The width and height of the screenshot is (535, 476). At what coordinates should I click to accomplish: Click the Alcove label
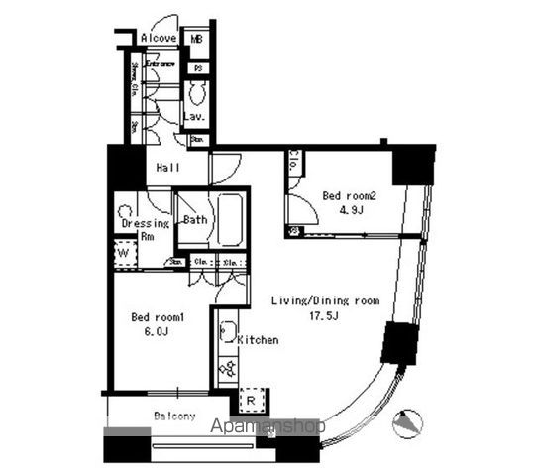tap(159, 39)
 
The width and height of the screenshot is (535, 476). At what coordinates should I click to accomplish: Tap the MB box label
tap(197, 40)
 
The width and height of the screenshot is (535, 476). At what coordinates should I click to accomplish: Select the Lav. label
tap(194, 118)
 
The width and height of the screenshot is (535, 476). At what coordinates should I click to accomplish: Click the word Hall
tap(166, 169)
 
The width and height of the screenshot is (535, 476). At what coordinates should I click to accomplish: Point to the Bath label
tap(194, 219)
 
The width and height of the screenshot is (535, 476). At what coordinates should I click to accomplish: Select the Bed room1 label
tap(159, 317)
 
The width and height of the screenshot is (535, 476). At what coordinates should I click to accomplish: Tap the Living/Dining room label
tap(325, 300)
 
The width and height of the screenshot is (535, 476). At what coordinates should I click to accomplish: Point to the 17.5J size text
tap(325, 317)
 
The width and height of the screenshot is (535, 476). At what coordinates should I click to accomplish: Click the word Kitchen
tap(258, 340)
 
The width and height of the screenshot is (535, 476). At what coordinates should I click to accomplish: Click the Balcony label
tap(174, 416)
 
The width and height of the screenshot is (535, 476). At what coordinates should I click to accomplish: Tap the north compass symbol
tap(407, 423)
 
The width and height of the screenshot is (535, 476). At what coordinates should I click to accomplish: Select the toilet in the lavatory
tap(195, 92)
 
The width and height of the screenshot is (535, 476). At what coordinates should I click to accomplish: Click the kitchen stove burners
tap(226, 370)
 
